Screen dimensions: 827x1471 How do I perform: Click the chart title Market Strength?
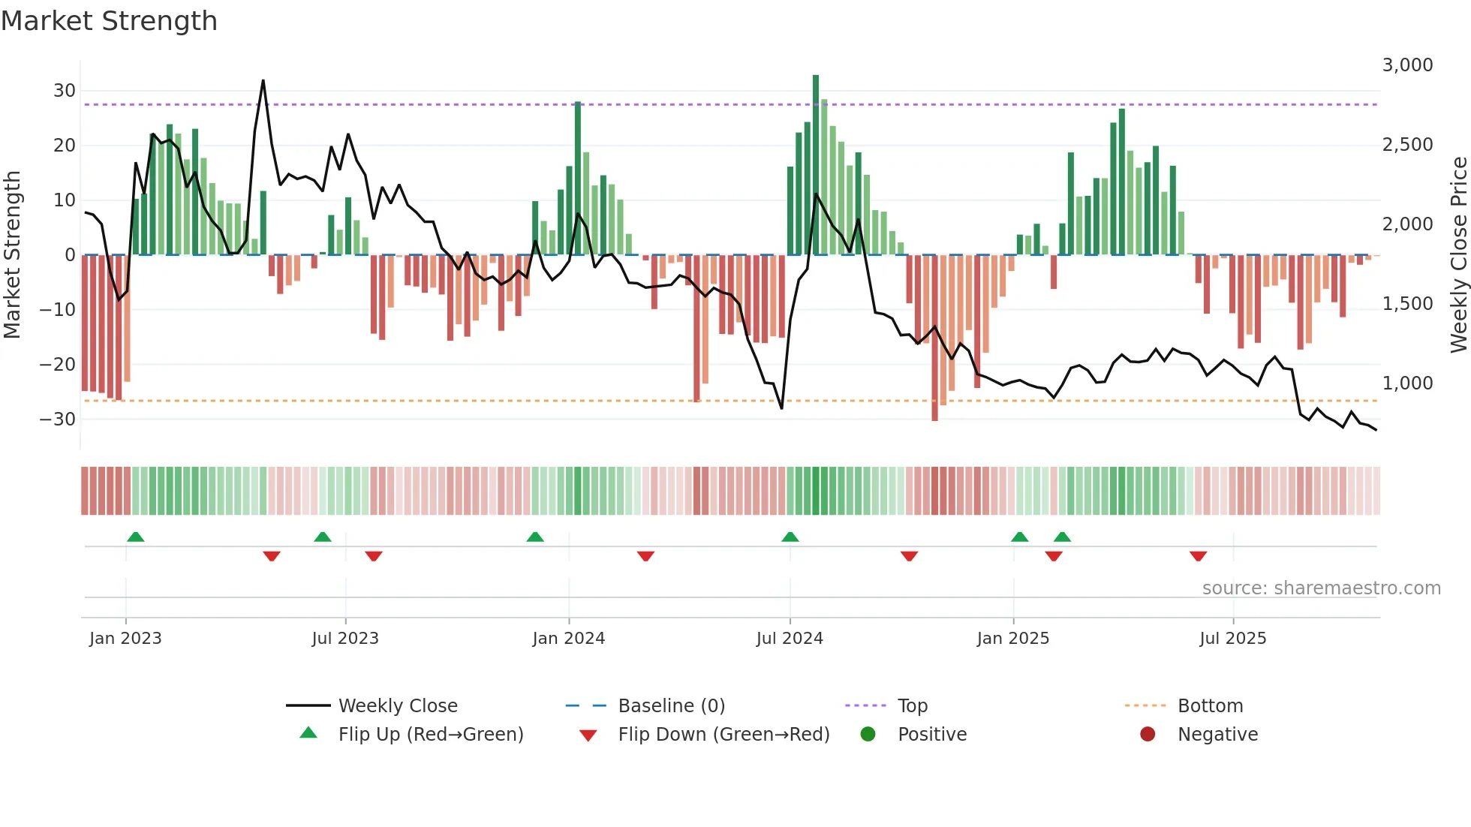click(x=109, y=21)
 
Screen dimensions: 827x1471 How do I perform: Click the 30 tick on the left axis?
click(x=65, y=91)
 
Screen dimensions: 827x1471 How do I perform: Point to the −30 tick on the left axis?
click(x=58, y=419)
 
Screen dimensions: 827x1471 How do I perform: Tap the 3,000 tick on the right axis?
click(x=1407, y=65)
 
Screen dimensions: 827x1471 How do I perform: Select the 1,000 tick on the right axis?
click(x=1407, y=383)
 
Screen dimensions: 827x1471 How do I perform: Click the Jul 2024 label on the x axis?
click(x=790, y=638)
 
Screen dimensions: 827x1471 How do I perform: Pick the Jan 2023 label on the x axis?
click(x=125, y=638)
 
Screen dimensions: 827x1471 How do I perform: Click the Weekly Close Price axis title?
click(x=1458, y=254)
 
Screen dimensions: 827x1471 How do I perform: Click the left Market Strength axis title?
click(x=12, y=254)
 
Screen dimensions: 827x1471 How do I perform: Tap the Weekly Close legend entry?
click(x=397, y=705)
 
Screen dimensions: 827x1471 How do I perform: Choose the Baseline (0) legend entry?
click(x=671, y=705)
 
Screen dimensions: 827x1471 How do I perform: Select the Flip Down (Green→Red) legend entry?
click(x=723, y=734)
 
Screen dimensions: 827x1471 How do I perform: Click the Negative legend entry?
click(x=1217, y=734)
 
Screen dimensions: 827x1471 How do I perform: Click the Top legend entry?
click(x=912, y=705)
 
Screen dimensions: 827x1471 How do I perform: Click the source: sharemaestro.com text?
click(x=1321, y=588)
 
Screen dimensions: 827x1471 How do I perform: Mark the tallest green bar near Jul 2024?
click(x=816, y=165)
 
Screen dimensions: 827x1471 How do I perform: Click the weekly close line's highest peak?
click(x=263, y=80)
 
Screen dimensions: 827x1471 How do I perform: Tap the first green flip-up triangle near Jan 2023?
click(x=136, y=537)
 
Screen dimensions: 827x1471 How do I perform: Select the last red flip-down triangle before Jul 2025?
click(x=1198, y=556)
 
